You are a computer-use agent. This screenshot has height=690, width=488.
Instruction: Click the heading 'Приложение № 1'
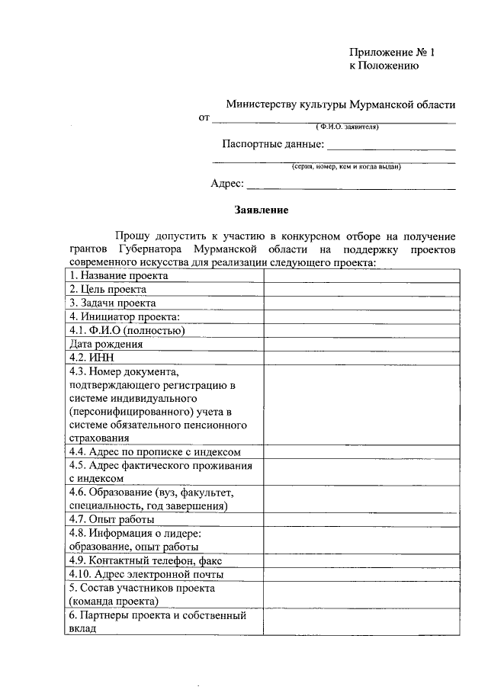click(391, 52)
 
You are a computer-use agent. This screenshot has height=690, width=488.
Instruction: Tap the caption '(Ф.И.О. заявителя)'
click(347, 127)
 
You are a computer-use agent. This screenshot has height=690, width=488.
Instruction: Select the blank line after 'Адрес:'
click(352, 184)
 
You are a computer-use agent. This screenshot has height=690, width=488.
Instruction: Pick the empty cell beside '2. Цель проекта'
click(361, 289)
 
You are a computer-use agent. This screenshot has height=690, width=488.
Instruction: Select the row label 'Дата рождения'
click(106, 344)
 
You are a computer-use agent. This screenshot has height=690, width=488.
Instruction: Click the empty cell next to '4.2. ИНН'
click(361, 357)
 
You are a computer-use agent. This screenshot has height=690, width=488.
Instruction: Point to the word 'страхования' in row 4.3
click(99, 438)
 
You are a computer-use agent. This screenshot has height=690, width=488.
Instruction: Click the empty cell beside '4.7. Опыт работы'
click(361, 519)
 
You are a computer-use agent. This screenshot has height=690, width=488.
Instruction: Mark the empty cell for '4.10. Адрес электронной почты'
click(361, 574)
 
